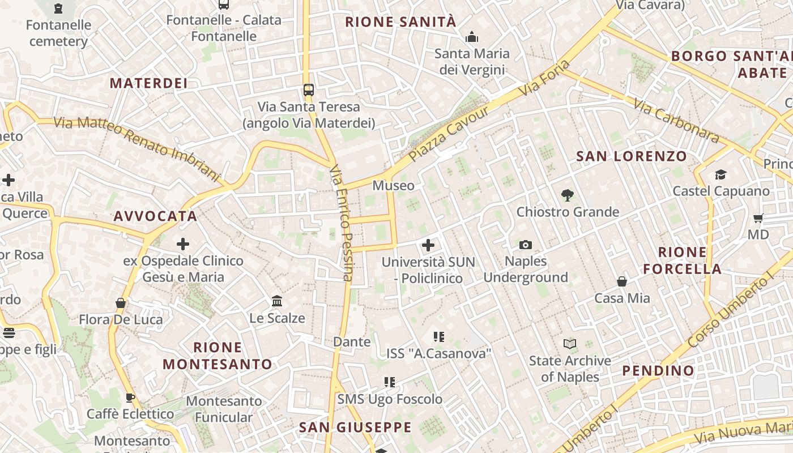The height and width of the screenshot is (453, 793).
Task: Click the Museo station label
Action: click(393, 185)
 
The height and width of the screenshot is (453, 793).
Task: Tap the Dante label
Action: click(352, 341)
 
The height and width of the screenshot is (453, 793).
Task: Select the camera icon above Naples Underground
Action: click(526, 245)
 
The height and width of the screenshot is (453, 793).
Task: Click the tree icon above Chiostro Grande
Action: click(567, 195)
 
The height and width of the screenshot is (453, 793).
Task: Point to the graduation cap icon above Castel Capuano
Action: click(720, 174)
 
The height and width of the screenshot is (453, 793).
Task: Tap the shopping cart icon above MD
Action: click(758, 218)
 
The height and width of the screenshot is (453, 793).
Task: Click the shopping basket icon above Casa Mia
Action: click(622, 281)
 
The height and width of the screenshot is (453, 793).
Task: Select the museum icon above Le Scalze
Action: click(277, 301)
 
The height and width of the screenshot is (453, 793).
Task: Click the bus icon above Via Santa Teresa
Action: click(309, 89)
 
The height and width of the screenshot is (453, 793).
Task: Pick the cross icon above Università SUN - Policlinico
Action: click(428, 245)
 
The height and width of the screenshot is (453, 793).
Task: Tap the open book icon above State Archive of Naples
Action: click(570, 344)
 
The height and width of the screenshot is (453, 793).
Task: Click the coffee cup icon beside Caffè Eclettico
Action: click(130, 398)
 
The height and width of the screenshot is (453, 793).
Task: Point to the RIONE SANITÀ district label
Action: click(400, 22)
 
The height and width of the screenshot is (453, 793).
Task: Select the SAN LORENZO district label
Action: click(632, 156)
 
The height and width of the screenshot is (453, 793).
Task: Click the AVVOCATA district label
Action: click(155, 216)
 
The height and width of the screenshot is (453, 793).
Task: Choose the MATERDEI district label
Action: click(148, 83)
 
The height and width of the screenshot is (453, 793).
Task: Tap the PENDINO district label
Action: click(658, 371)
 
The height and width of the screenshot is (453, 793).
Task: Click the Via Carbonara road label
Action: click(676, 121)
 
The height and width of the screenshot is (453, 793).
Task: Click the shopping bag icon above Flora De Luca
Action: click(120, 303)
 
